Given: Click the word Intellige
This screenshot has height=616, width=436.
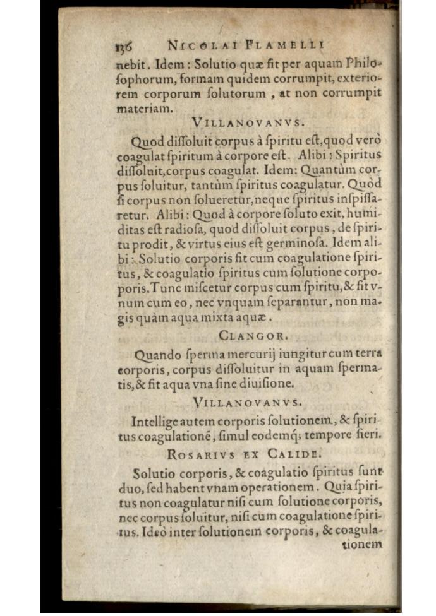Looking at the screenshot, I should [x=156, y=420].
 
